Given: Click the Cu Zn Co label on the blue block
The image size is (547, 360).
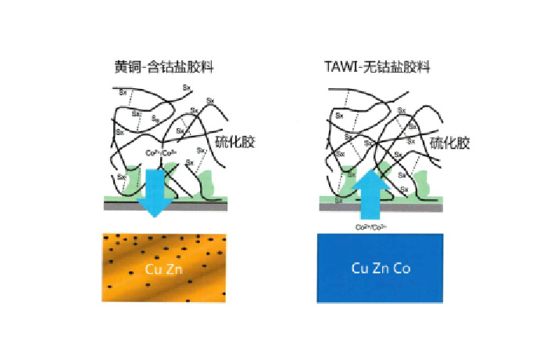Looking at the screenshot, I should click(x=381, y=268).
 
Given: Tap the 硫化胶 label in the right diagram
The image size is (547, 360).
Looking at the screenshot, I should click(x=452, y=142).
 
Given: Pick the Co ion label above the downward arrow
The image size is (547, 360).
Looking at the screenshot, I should click(x=153, y=154).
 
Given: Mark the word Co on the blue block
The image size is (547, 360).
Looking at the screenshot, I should click(x=401, y=268).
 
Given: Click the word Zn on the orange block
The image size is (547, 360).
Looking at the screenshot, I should click(x=174, y=269).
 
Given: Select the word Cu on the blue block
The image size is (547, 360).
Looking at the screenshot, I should click(x=360, y=268).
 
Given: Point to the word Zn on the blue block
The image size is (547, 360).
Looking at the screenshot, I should click(x=381, y=268).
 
